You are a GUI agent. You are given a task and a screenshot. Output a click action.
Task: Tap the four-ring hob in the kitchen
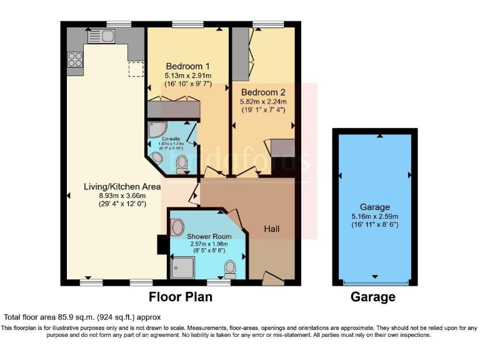(75, 59)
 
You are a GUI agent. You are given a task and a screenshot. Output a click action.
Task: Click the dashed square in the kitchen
(136, 67)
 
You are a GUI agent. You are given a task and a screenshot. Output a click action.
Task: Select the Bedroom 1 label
(187, 66)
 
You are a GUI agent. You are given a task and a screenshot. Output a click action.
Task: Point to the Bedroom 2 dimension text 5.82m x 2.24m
(264, 102)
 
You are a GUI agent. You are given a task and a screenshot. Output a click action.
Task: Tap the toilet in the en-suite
(182, 164)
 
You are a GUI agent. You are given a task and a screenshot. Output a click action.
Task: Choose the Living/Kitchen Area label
(122, 186)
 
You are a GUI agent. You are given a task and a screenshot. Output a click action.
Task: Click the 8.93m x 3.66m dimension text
(122, 195)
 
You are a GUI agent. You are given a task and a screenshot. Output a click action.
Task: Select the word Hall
(271, 229)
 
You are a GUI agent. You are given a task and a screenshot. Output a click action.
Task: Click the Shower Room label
(209, 236)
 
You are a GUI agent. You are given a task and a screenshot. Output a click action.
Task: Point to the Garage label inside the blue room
(374, 207)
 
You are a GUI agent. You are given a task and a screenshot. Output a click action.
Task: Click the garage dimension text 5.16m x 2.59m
(374, 216)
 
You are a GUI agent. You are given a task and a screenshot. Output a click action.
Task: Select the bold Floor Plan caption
(180, 297)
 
